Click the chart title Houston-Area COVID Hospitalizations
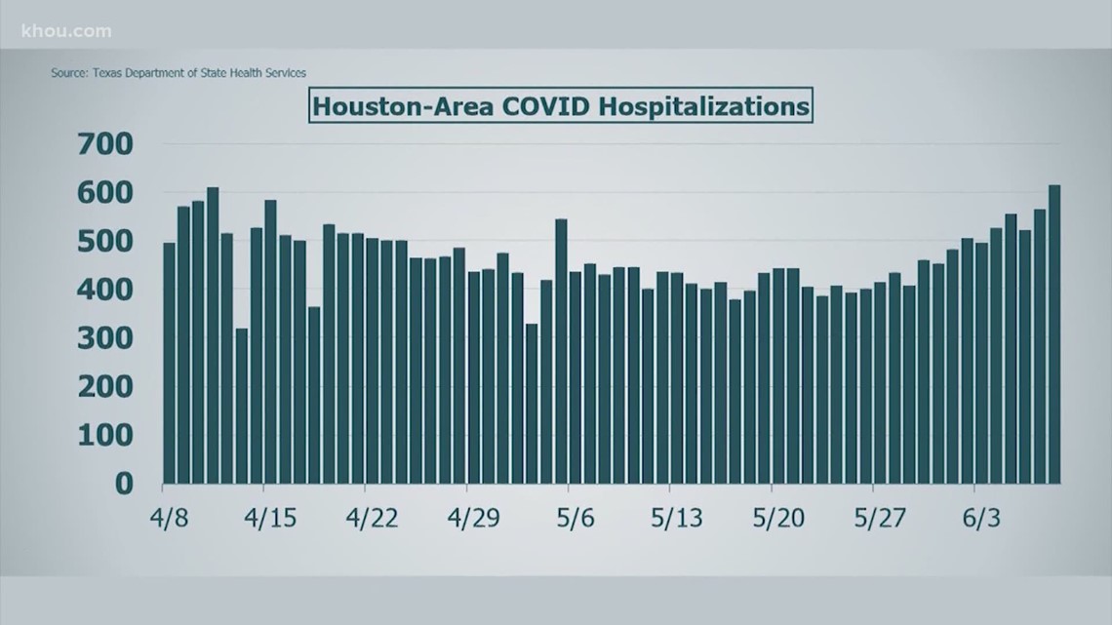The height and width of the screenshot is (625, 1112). pyautogui.click(x=561, y=104)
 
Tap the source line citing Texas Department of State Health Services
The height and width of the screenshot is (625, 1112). pyautogui.click(x=185, y=72)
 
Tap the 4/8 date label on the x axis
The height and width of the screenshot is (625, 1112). pyautogui.click(x=169, y=517)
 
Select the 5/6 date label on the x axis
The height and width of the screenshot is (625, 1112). pyautogui.click(x=576, y=517)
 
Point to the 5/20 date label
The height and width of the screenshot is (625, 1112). pyautogui.click(x=777, y=517)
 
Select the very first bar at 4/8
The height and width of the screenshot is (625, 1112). pyautogui.click(x=169, y=364)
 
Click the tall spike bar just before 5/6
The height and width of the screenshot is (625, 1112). pyautogui.click(x=561, y=352)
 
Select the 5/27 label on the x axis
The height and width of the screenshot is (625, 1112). pyautogui.click(x=878, y=517)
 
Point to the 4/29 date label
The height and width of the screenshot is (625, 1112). pyautogui.click(x=473, y=517)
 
